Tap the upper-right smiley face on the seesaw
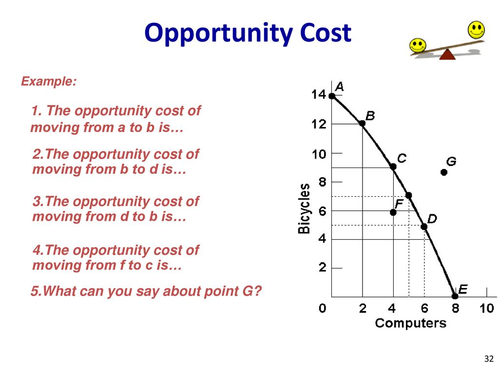point(476,30)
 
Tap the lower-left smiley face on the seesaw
point(418,45)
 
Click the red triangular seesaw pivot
point(447,55)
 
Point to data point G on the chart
point(444,172)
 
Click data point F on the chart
point(393,212)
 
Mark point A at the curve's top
point(332,96)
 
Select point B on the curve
point(362,123)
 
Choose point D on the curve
point(424,227)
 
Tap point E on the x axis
point(455,296)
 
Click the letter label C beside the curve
point(402,158)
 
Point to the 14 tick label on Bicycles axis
point(319,95)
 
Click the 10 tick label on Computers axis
point(487,309)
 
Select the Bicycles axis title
point(304,208)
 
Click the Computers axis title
point(410,323)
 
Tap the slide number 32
point(489,359)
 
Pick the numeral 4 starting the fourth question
point(37,250)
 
